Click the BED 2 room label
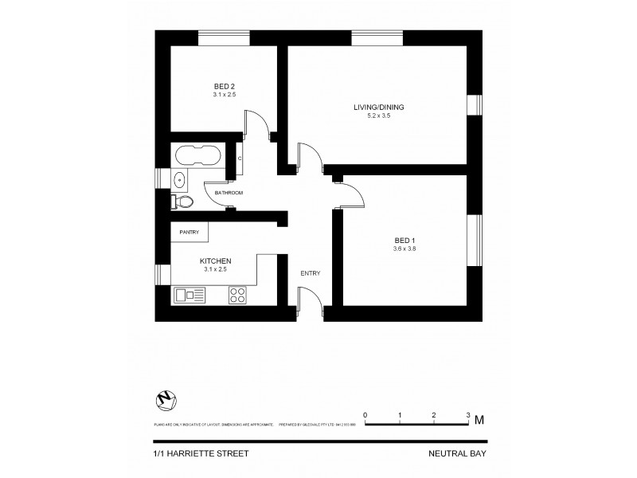pos(224,86)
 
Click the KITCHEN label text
pos(215,261)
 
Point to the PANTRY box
pos(190,232)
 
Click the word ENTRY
pos(311,274)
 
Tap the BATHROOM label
pos(229,193)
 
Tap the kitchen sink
pos(190,296)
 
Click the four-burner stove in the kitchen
pos(237,296)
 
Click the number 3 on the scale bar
pos(467,416)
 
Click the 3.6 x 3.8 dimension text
pos(404,249)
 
